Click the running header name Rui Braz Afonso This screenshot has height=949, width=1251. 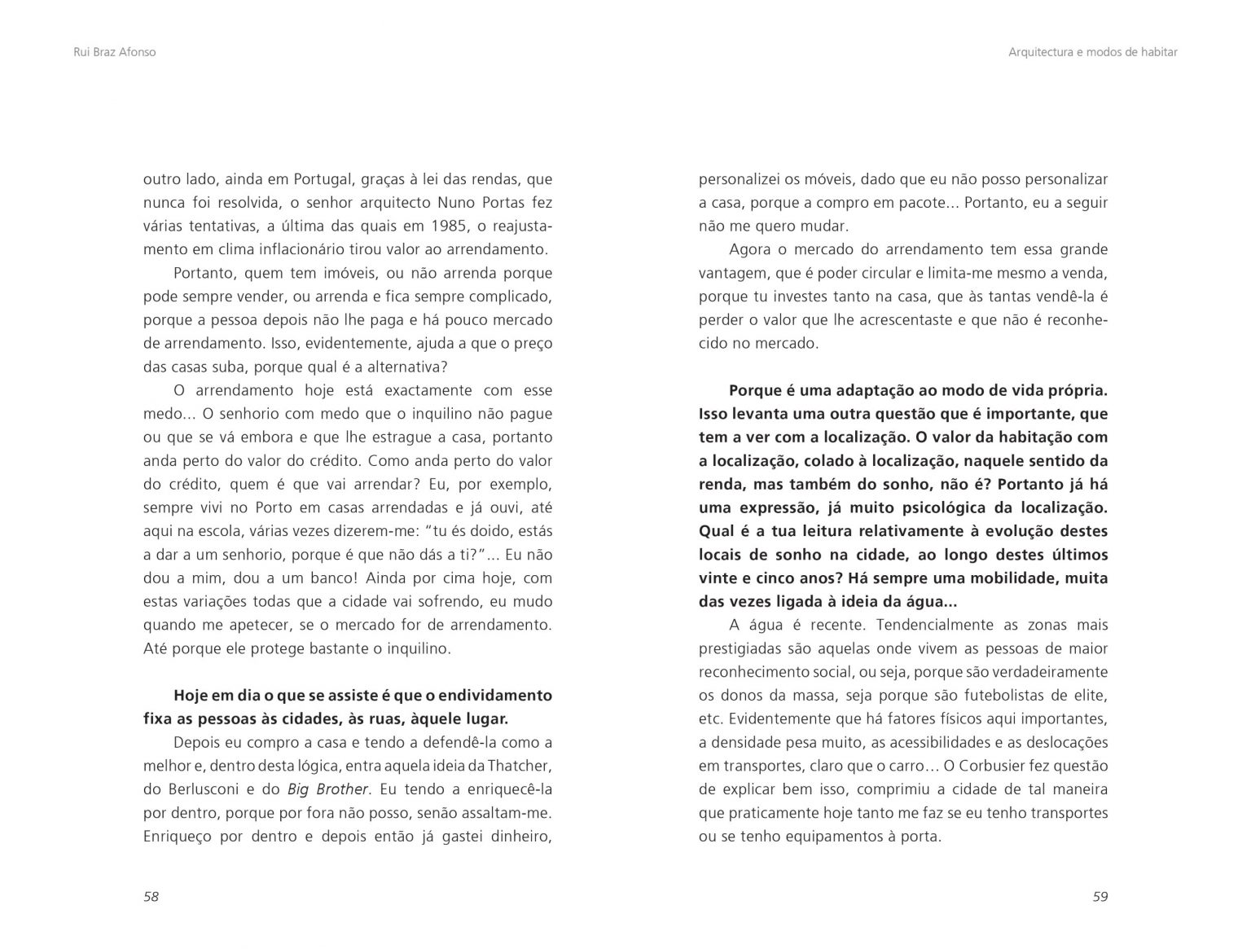point(114,52)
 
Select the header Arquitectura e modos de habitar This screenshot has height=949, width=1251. point(1092,52)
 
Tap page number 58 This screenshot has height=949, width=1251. point(151,897)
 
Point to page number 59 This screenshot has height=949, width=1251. point(1100,897)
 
